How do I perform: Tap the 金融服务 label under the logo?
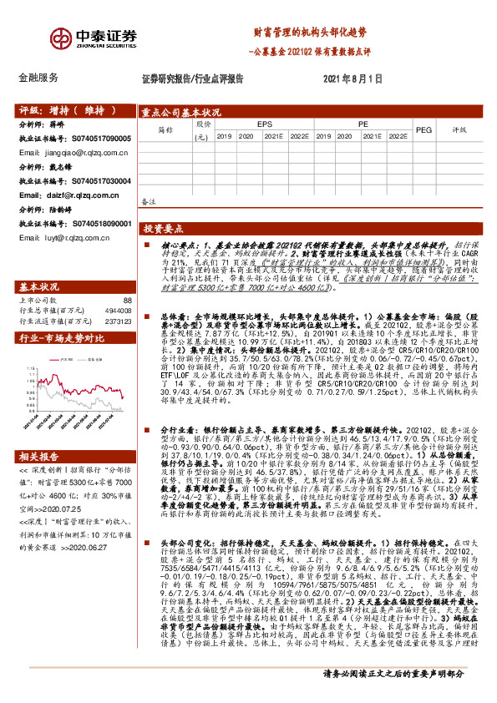[x=38, y=77]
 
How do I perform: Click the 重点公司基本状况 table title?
[x=180, y=112]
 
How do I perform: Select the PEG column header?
[x=423, y=130]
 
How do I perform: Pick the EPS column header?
[x=265, y=124]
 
